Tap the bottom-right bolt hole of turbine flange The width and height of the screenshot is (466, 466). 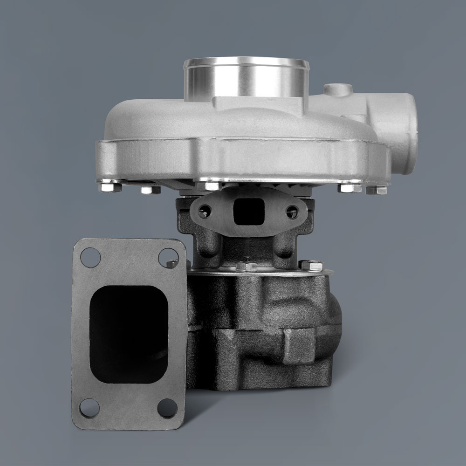[167, 408]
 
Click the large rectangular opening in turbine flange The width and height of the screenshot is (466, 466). [128, 334]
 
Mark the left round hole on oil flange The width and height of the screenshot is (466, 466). [204, 213]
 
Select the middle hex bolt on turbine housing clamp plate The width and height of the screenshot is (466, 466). [246, 267]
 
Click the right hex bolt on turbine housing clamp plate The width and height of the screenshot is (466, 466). [311, 266]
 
